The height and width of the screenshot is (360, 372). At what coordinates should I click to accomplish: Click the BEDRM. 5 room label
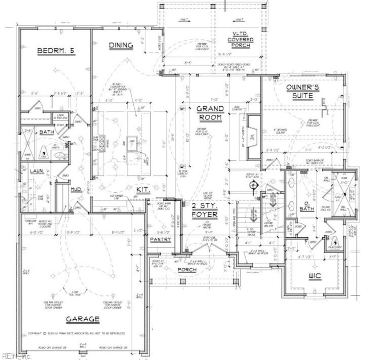[x=56, y=51]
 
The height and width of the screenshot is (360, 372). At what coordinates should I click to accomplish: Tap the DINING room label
[x=121, y=45]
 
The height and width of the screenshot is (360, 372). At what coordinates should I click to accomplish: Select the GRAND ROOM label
[x=210, y=113]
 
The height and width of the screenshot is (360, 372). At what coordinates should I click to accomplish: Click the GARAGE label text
[x=82, y=319]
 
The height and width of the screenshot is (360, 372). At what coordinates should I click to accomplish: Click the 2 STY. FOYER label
[x=205, y=210]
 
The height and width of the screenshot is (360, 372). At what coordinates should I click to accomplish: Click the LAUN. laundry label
[x=37, y=171]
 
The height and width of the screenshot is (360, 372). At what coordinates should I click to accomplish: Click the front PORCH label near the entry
[x=187, y=270]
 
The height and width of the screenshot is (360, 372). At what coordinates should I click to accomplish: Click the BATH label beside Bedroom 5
[x=46, y=132]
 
